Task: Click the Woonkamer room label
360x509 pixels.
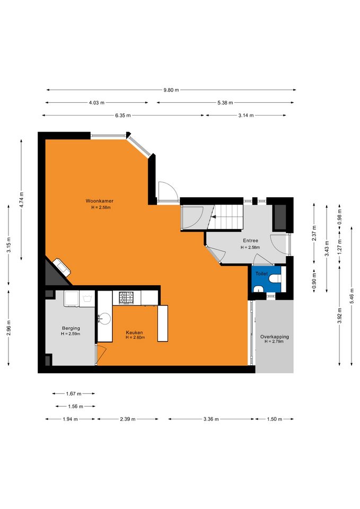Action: pyautogui.click(x=99, y=201)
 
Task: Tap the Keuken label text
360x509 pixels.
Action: pyautogui.click(x=134, y=332)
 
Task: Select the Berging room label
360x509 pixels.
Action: pyautogui.click(x=71, y=328)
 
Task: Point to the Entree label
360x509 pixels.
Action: pyautogui.click(x=251, y=241)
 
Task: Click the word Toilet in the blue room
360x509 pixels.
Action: pyautogui.click(x=261, y=274)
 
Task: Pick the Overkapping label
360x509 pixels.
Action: pyautogui.click(x=275, y=337)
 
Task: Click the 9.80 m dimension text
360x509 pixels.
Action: pyautogui.click(x=171, y=90)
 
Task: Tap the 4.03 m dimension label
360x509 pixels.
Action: pyautogui.click(x=96, y=102)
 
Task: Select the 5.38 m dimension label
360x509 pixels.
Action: pyautogui.click(x=225, y=102)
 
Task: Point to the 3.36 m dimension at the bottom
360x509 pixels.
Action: pyautogui.click(x=212, y=419)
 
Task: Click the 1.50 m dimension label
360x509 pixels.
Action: pyautogui.click(x=275, y=419)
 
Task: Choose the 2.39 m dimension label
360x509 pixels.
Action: pyautogui.click(x=128, y=419)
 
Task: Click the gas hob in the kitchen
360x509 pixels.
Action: pyautogui.click(x=126, y=297)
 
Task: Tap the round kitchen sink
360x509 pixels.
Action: pyautogui.click(x=105, y=319)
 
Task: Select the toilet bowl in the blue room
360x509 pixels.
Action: pyautogui.click(x=276, y=278)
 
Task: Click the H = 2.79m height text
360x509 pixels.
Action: pyautogui.click(x=274, y=341)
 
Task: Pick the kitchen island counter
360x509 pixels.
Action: pyautogui.click(x=163, y=323)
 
